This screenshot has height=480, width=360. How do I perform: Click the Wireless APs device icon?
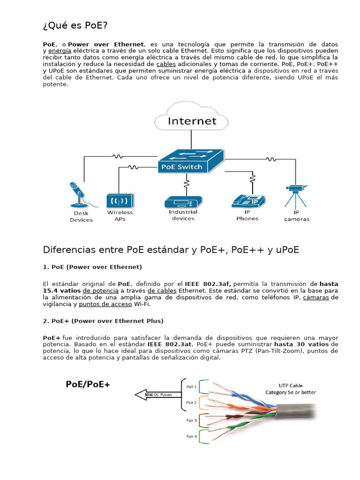(x=120, y=201)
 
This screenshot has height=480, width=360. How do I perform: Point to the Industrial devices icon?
(x=183, y=202)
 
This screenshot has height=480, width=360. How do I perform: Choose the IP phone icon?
(x=248, y=201)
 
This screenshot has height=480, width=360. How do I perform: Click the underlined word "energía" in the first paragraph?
(x=60, y=50)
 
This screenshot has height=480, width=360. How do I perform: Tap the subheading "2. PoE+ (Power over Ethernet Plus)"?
(x=103, y=321)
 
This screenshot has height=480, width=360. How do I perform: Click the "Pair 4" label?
(x=191, y=436)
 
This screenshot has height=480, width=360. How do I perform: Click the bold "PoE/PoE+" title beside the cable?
(x=88, y=385)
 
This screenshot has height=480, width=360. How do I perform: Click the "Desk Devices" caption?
(x=81, y=217)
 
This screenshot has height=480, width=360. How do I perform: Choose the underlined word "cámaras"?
(x=316, y=298)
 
